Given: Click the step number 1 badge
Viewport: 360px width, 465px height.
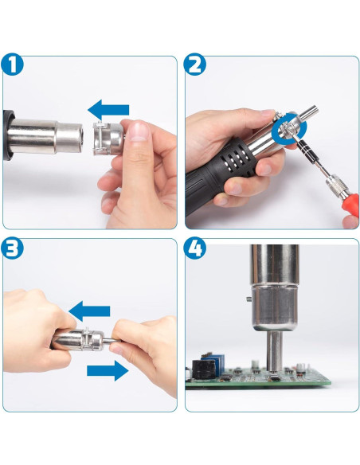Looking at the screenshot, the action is (x=12, y=64).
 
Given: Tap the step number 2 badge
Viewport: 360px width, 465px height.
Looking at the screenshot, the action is (x=194, y=64).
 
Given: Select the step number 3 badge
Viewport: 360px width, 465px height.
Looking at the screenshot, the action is (x=12, y=248).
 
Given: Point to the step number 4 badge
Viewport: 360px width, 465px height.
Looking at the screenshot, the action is (x=194, y=248).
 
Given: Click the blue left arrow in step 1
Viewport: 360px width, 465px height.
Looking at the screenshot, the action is (x=108, y=110).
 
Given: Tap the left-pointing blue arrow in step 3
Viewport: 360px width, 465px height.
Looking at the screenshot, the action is (x=89, y=311).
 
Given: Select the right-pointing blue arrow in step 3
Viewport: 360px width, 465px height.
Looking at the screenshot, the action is (x=108, y=371).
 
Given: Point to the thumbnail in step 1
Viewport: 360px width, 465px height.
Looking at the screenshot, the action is (x=139, y=131).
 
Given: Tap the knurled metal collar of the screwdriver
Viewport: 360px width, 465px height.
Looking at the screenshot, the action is (x=335, y=186).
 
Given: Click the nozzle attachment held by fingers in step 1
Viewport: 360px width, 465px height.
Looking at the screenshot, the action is (x=108, y=139).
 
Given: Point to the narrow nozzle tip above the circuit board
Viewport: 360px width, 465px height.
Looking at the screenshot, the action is (x=274, y=351).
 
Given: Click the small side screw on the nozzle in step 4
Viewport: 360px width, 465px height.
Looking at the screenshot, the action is (x=249, y=299).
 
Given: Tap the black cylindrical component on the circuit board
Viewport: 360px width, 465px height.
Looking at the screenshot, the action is (x=204, y=369).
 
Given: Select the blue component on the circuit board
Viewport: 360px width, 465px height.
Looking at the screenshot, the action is (x=215, y=363).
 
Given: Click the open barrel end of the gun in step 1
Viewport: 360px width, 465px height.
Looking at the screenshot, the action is (x=80, y=136).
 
